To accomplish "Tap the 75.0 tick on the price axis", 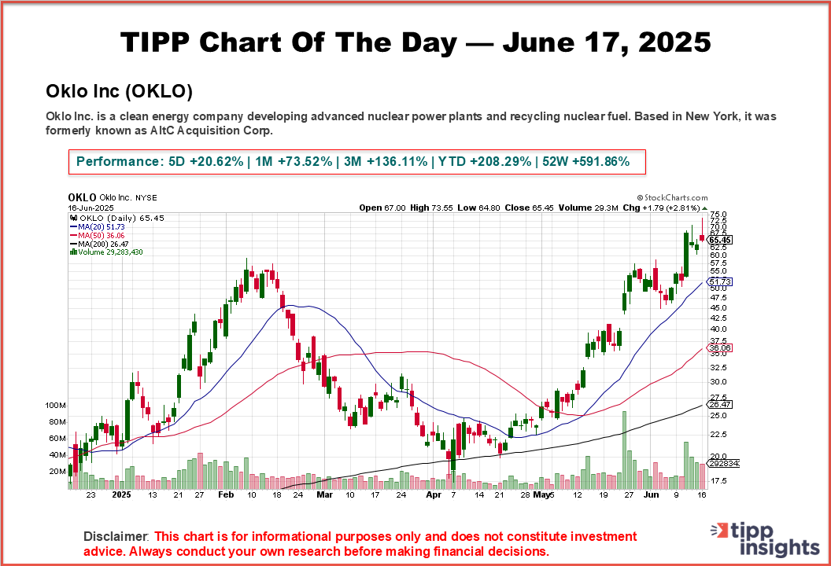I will point(718,214).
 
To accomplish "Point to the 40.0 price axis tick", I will point(718,329).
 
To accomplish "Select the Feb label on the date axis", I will point(225,496).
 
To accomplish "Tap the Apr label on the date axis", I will point(433,496).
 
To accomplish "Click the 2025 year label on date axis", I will point(121,496).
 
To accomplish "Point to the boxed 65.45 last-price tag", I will point(721,240).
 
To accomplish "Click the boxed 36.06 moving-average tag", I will point(721,347).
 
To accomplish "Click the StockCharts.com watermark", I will point(671,198).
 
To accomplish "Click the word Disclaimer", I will point(116,536).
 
